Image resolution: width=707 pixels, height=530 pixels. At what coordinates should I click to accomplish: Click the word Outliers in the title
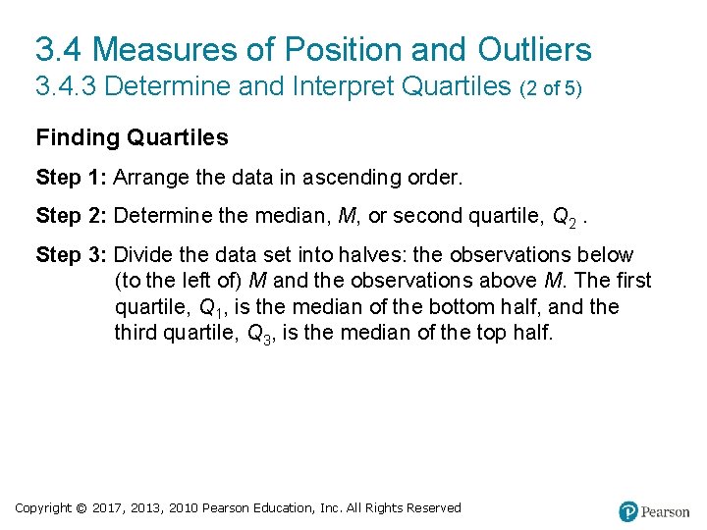[535, 49]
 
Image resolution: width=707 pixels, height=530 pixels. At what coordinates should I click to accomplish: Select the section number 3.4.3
[66, 86]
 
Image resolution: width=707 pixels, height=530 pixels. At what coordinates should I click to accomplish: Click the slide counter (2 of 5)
[551, 88]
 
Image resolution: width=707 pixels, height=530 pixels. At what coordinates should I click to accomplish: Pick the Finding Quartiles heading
[132, 137]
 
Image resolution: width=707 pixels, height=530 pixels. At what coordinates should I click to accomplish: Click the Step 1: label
[72, 178]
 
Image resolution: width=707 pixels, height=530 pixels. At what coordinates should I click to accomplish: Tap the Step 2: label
[72, 216]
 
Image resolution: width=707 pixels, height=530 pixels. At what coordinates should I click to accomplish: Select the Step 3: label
[72, 255]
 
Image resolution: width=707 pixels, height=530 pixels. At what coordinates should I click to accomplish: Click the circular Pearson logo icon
[628, 511]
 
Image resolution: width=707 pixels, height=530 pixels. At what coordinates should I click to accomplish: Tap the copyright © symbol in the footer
[82, 507]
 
